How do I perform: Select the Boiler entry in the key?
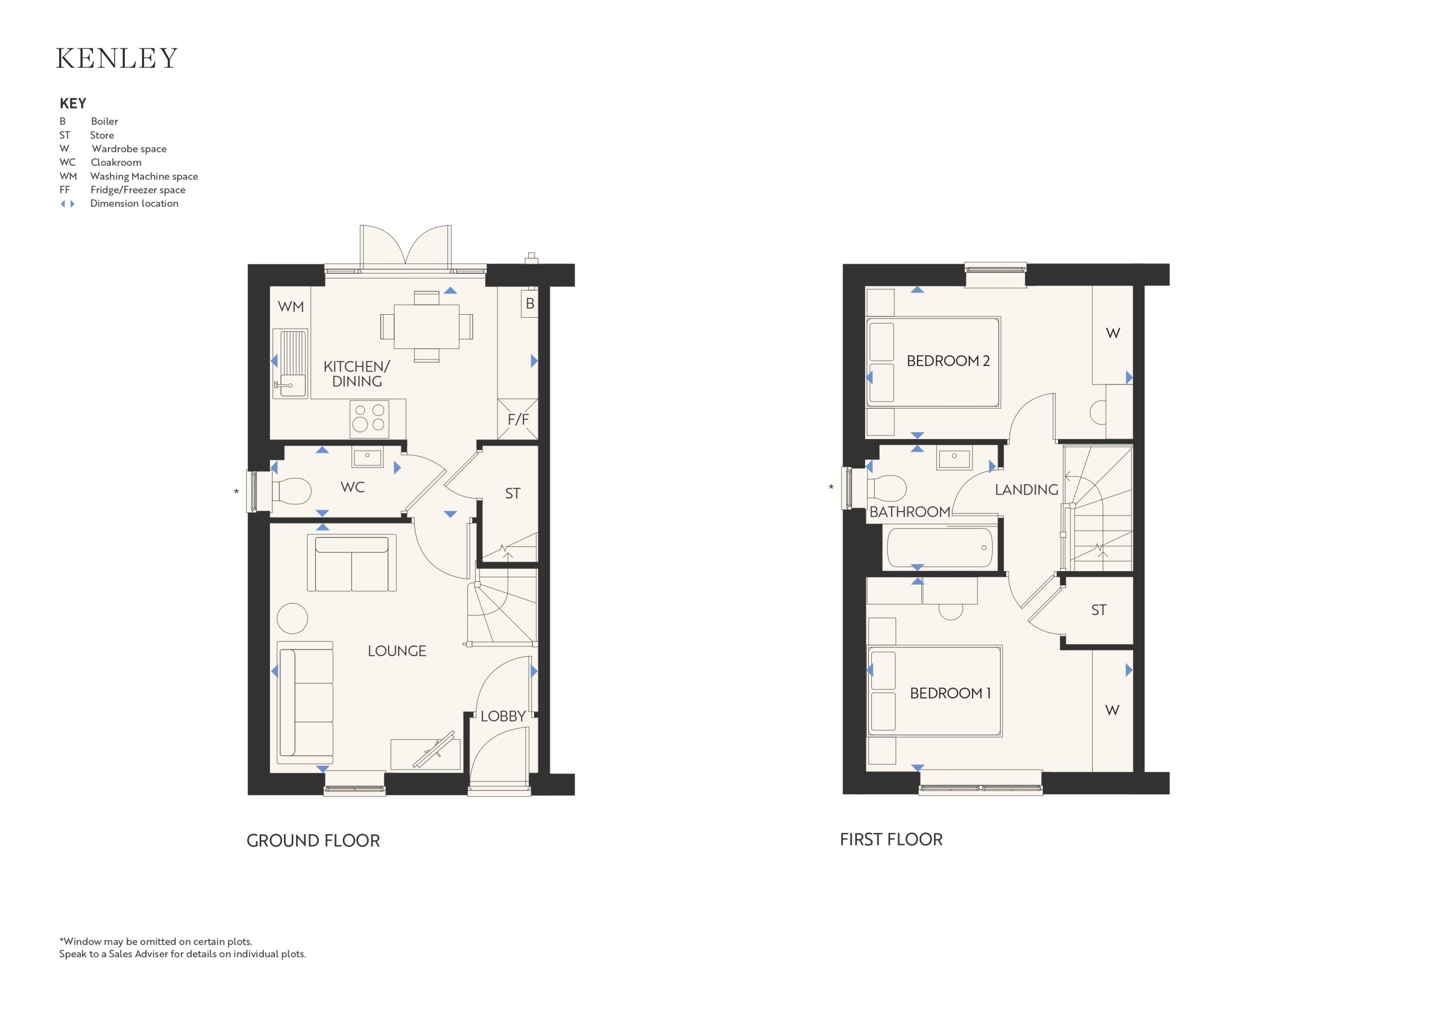[89, 121]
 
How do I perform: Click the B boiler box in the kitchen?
[530, 304]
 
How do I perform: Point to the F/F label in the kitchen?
[518, 419]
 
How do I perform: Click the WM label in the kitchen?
[291, 306]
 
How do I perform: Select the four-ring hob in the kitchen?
[369, 418]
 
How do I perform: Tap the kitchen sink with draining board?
[290, 364]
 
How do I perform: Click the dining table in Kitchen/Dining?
[426, 327]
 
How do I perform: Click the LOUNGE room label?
[397, 651]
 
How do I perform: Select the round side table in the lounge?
[292, 619]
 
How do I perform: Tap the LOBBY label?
[503, 717]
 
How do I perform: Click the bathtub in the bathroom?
[939, 548]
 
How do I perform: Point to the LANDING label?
[1026, 490]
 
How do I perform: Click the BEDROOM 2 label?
[948, 361]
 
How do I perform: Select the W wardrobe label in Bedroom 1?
[1112, 710]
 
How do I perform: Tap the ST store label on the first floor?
[1099, 610]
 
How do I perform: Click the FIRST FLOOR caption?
[892, 839]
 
